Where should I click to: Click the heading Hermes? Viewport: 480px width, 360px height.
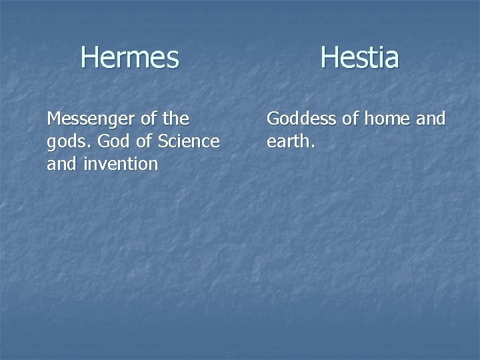coord(130,57)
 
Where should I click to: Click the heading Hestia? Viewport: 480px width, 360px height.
coord(359,57)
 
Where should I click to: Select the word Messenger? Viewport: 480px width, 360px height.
coord(91,119)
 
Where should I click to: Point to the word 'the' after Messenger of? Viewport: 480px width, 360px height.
coord(176,119)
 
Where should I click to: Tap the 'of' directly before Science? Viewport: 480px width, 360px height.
coord(139,141)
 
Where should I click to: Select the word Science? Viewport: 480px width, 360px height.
coord(187,141)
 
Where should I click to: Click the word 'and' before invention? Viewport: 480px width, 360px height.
coord(61,164)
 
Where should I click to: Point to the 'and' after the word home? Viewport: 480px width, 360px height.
coord(431,119)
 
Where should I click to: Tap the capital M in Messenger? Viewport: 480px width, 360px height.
coord(53,119)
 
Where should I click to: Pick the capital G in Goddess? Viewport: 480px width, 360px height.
coord(273,119)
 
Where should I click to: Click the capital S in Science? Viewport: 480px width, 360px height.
coord(160,141)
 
